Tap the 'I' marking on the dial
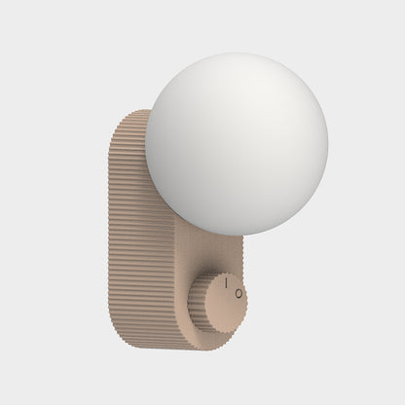coord(226,283)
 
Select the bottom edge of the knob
coord(222,332)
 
